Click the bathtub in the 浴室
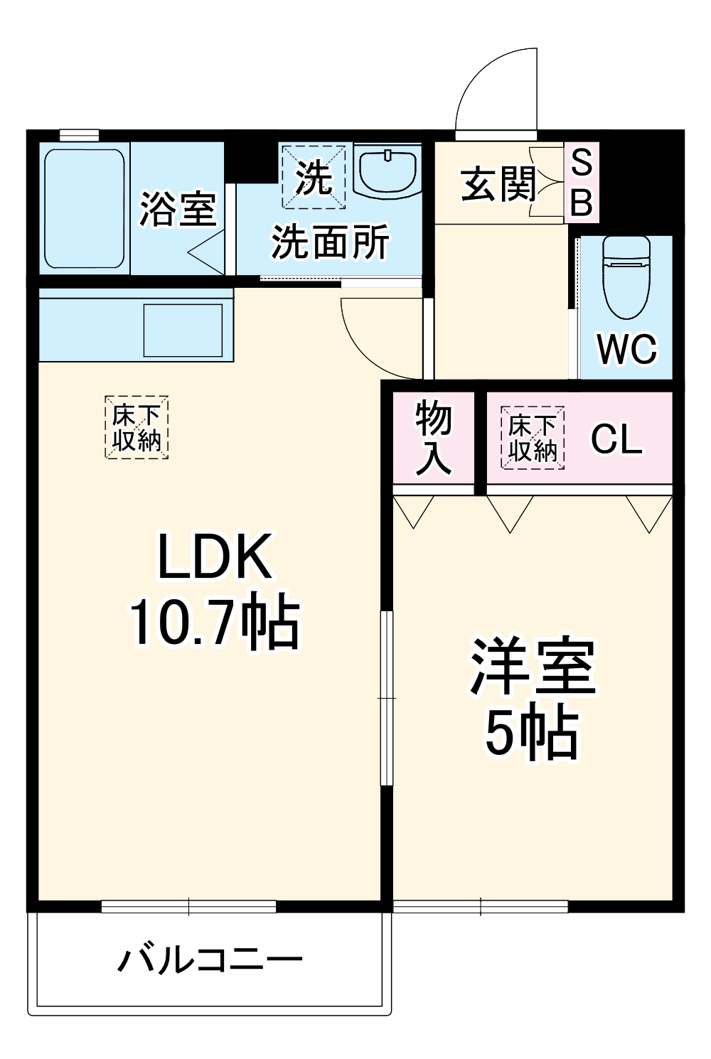pyautogui.click(x=85, y=208)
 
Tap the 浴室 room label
pyautogui.click(x=177, y=209)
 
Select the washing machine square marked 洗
pyautogui.click(x=314, y=178)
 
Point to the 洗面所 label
pyautogui.click(x=330, y=242)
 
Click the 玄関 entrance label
pyautogui.click(x=498, y=185)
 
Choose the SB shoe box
pyautogui.click(x=582, y=183)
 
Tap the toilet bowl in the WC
pyautogui.click(x=626, y=277)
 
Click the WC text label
pyautogui.click(x=626, y=349)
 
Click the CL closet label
pyautogui.click(x=616, y=439)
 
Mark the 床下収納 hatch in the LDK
pyautogui.click(x=137, y=427)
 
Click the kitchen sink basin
pyautogui.click(x=183, y=330)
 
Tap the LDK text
pyautogui.click(x=214, y=557)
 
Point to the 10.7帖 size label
pyautogui.click(x=214, y=623)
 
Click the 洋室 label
pyautogui.click(x=533, y=667)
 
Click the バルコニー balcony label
pyautogui.click(x=210, y=960)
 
